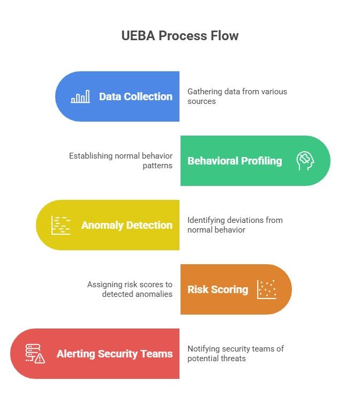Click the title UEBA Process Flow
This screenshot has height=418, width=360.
coord(180,36)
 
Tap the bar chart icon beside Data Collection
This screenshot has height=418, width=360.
coord(80,96)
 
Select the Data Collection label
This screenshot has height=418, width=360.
coord(136,96)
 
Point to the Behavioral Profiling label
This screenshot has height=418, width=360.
coord(235,161)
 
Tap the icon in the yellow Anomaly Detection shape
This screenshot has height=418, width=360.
coord(61,225)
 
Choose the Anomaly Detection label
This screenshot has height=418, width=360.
coord(127,225)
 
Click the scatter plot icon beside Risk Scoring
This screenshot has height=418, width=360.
coord(266,289)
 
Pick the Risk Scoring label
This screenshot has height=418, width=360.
coord(217,289)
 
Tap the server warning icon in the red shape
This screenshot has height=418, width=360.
coord(35,354)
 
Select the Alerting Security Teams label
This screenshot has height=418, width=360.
coord(115,354)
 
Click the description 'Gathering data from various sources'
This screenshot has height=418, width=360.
coord(237,96)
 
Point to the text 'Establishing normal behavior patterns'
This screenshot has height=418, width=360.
coord(121,161)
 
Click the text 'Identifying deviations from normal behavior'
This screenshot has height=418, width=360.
coord(235,225)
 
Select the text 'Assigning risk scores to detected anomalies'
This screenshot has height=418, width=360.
coord(130,289)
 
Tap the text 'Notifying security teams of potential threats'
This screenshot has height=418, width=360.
coord(235,354)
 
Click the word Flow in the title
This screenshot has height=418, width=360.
coord(224,36)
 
